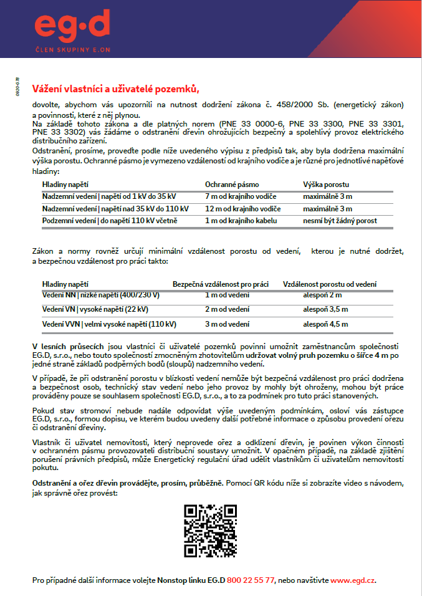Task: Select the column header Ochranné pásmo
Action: coord(232,185)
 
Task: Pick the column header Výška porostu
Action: coord(326,185)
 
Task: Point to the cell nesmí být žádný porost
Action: coord(340,220)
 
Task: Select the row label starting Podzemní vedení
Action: coord(109,220)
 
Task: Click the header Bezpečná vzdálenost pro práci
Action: coord(221,284)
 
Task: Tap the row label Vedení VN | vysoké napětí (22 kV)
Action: coord(95,309)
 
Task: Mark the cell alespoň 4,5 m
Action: coord(325,324)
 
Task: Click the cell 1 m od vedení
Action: coord(228,294)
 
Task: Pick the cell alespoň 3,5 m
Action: coord(325,309)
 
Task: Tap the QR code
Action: coord(210,531)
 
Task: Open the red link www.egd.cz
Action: coord(352,580)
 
